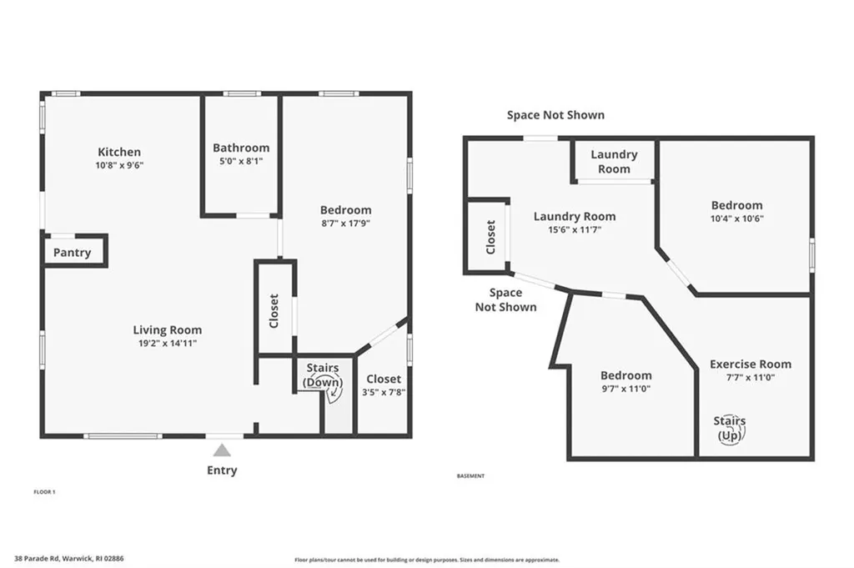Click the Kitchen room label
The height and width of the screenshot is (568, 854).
[x=119, y=152]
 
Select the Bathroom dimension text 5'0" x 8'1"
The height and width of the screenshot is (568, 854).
[x=241, y=162]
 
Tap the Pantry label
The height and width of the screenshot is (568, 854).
[x=73, y=253]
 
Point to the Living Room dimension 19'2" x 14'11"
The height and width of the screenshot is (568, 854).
[x=168, y=343]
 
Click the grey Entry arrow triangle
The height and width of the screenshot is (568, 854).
[x=222, y=450]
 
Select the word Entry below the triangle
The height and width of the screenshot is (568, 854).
[x=222, y=470]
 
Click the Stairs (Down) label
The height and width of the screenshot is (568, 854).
[x=322, y=374]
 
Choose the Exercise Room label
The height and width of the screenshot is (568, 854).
[x=751, y=364]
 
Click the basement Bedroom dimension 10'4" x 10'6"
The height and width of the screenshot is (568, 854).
[x=736, y=219]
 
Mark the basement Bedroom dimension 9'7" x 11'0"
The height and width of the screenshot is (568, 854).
[x=625, y=389]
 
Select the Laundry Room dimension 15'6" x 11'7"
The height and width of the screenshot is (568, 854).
[x=574, y=229]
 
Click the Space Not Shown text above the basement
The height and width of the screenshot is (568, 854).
[x=555, y=115]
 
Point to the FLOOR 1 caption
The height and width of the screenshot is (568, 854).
[x=43, y=492]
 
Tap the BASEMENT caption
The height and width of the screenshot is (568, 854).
[x=470, y=476]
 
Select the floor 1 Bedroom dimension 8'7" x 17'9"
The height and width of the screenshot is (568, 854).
[x=346, y=223]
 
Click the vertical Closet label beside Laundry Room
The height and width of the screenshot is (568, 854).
[x=490, y=238]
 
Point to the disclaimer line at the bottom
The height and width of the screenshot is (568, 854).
[x=426, y=560]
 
